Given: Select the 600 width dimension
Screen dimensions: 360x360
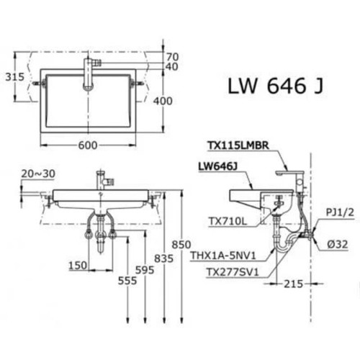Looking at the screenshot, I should pos(87,145).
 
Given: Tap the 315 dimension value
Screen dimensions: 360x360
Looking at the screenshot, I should pos(15,76).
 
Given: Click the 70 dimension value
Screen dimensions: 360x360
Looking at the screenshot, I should pos(171,56).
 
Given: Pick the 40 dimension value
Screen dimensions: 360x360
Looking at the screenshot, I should pos(171,67).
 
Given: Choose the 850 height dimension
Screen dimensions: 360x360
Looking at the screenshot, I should pos(184,244).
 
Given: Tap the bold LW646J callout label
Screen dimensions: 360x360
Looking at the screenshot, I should pos(219,166).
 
